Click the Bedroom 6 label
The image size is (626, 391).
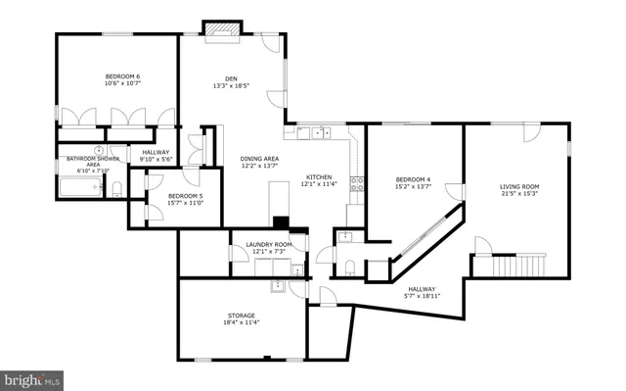[x=123, y=76]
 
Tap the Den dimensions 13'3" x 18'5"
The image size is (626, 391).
[x=231, y=86]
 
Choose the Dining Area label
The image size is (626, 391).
[x=260, y=159]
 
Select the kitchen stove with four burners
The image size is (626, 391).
[x=359, y=181]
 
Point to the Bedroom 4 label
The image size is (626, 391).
[x=413, y=179]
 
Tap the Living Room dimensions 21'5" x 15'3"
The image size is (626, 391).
[x=519, y=193]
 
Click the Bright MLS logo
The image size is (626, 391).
[x=33, y=377]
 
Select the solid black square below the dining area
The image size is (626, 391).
[x=281, y=222]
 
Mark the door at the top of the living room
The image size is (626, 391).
[x=531, y=130]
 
